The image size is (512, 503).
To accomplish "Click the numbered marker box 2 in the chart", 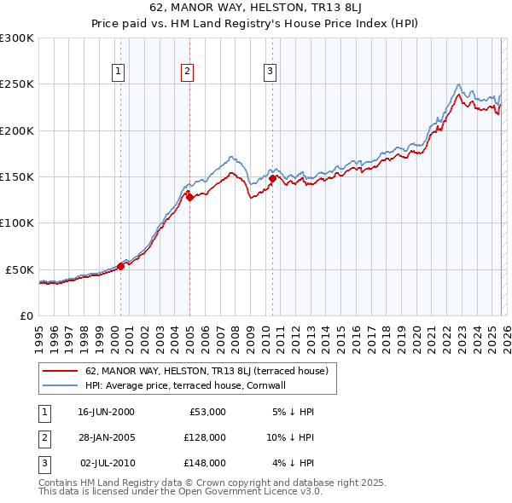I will pos(186,72).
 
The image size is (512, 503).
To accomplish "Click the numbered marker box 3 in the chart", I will pos(269,72).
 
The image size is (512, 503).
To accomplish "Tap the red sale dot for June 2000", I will pos(120,266).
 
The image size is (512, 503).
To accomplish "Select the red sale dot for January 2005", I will pos(189,197).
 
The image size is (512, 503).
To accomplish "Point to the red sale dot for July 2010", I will pos(272,179).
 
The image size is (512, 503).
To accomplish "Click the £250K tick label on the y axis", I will pos(17,84).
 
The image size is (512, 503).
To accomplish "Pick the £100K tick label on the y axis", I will pos(17,223).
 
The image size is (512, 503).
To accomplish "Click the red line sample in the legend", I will pos(61,371).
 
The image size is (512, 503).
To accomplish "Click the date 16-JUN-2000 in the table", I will pos(106,411).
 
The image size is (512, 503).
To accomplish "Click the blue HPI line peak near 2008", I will pos(231,157).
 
